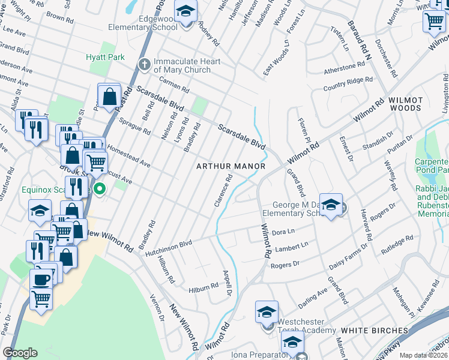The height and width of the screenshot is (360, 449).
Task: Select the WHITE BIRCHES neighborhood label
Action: click(x=374, y=330)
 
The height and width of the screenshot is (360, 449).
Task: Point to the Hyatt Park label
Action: click(x=104, y=57)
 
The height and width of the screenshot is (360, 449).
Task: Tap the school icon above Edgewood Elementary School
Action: click(x=186, y=11)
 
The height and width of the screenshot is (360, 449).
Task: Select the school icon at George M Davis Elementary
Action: click(x=331, y=204)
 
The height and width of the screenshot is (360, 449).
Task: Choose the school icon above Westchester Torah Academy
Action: click(x=267, y=312)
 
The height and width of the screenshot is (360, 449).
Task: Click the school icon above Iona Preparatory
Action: click(x=292, y=342)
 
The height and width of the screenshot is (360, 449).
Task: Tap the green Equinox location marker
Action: click(x=100, y=190)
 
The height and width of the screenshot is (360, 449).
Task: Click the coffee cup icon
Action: click(x=41, y=279)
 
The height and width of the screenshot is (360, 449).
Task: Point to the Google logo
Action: click(x=20, y=352)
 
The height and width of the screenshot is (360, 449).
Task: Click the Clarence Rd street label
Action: click(x=223, y=191)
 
